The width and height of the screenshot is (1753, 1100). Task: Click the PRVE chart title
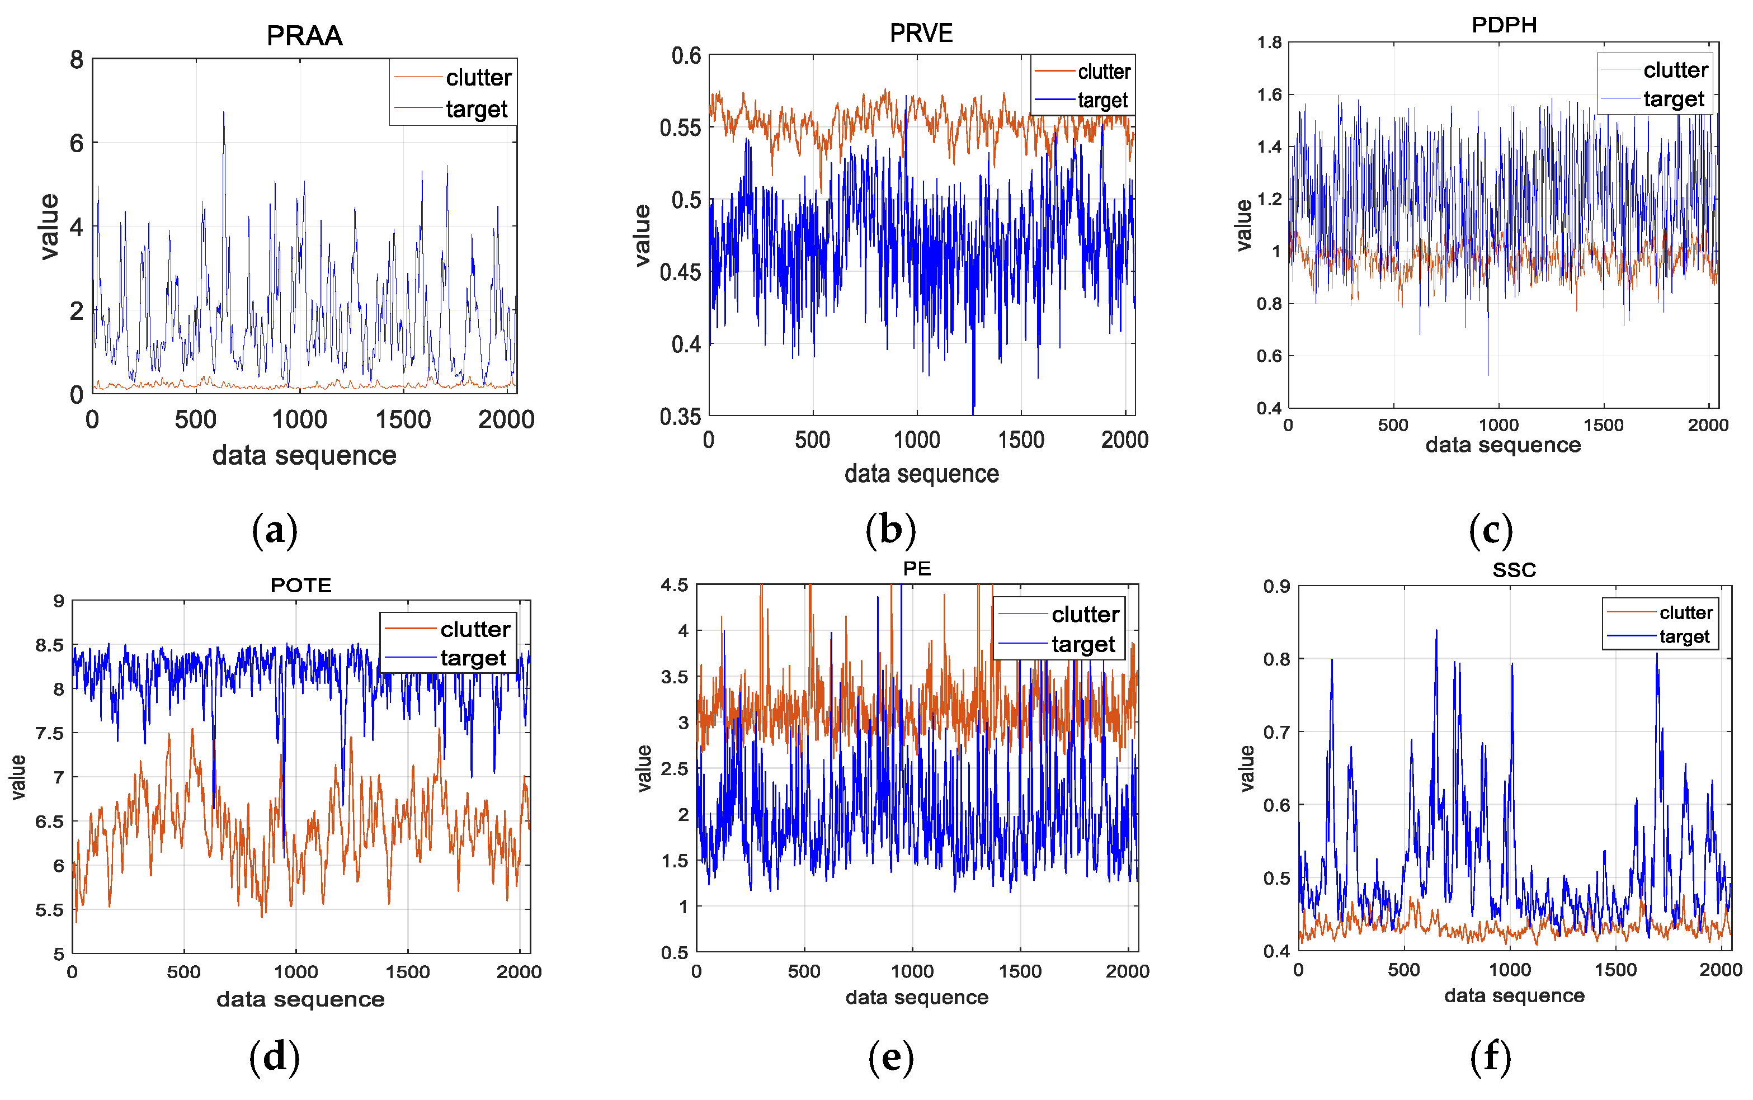point(921,33)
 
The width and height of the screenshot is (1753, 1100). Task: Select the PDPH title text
point(1504,25)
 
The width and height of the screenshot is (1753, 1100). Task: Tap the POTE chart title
point(300,585)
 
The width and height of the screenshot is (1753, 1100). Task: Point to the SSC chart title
point(1514,570)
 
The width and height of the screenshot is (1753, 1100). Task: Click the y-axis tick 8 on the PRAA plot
point(77,60)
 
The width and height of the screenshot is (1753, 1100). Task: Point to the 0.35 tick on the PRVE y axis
point(680,417)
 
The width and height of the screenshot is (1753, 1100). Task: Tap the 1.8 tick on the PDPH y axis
point(1269,42)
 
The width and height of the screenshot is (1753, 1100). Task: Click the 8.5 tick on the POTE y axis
point(49,645)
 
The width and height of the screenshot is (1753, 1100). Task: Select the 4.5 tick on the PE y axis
point(674,585)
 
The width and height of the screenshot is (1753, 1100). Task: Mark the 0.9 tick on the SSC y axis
point(1276,587)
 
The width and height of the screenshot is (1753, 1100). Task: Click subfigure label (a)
point(274,530)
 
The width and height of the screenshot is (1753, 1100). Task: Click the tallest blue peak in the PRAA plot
point(223,114)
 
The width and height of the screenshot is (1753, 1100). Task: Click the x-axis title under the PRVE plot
point(921,474)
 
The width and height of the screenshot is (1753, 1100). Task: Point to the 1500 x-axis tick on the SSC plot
point(1615,970)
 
